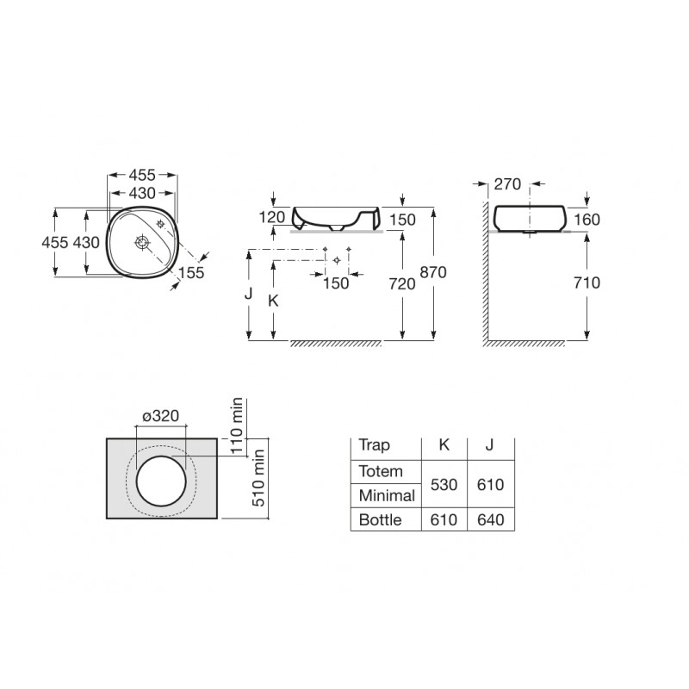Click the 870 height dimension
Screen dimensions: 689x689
[433, 272]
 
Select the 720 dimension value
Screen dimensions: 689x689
[402, 284]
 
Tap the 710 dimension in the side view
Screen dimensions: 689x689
[587, 282]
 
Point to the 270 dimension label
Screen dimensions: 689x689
[507, 184]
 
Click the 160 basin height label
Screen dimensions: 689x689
[587, 220]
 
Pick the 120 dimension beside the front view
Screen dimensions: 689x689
[272, 217]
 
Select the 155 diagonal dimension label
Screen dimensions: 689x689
[191, 272]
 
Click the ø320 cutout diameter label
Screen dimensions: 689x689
[161, 416]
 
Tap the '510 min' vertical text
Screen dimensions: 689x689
[258, 478]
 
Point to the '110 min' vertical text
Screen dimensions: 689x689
[236, 425]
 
